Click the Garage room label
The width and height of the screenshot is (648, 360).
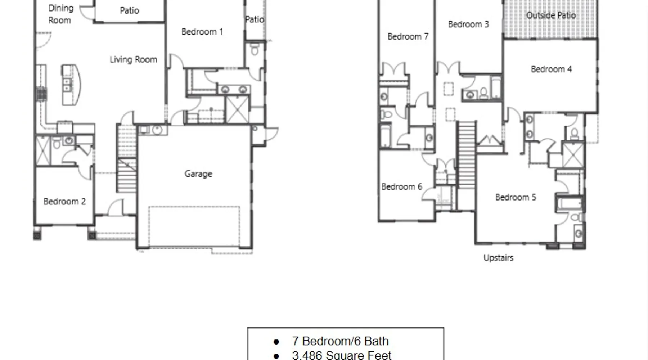198,174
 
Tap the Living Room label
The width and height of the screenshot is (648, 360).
134,59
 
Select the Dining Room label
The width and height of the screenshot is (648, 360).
60,14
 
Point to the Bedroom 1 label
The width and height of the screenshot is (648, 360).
202,32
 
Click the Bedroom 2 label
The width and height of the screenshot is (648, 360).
65,202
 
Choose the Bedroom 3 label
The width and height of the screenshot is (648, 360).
468,24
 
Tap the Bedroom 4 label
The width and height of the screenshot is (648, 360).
551,69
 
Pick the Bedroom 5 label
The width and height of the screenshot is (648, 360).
516,197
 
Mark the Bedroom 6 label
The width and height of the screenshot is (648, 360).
402,187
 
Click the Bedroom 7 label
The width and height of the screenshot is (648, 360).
408,37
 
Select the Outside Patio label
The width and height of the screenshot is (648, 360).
551,15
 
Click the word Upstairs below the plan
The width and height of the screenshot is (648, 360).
498,258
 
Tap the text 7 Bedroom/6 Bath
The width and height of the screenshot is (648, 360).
340,341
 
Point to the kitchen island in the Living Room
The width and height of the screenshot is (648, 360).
71,85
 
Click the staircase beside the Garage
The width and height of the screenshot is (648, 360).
127,158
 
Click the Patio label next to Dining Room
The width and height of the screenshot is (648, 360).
129,10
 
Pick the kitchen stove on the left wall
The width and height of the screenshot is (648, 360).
41,95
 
